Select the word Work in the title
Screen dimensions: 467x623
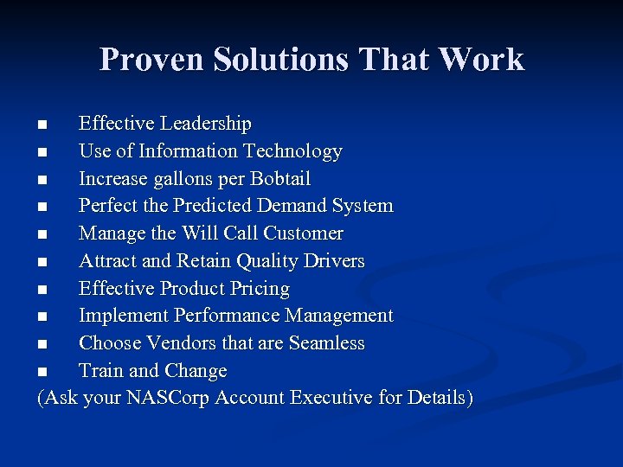tap(481, 60)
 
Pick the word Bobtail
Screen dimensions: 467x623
tap(279, 179)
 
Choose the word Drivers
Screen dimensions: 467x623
tap(333, 261)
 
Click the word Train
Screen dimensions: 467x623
tap(99, 371)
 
